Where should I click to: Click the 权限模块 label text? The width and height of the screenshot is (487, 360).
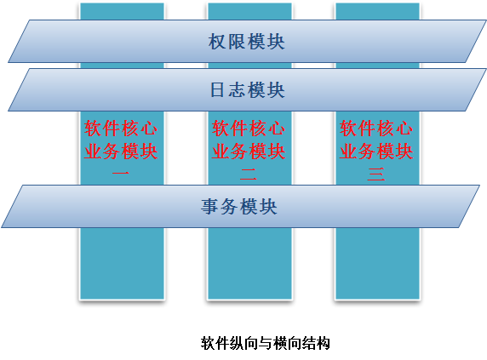pos(246,42)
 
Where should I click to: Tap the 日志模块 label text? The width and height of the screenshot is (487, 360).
pos(248,90)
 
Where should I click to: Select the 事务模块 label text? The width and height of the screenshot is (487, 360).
pos(239,207)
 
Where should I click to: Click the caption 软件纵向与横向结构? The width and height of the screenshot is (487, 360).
pos(266,343)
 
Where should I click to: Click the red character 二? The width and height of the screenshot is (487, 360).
pos(249,174)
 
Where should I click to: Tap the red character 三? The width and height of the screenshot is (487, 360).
pos(376,174)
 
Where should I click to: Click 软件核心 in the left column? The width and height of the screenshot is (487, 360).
pos(121,129)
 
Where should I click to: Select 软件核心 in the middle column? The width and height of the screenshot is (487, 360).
pos(249,129)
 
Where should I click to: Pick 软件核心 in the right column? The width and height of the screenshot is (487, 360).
pos(376,129)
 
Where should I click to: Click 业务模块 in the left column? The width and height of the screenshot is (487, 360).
pos(121,151)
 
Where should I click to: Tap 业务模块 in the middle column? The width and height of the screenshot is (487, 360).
pos(249,151)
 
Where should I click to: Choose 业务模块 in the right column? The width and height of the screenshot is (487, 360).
pos(376,151)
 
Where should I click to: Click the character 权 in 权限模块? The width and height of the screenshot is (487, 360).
pos(217,42)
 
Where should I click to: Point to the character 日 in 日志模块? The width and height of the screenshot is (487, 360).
pos(217,90)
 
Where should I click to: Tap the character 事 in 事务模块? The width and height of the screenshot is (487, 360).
pos(209,207)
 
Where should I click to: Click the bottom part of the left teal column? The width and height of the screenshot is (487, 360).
pos(122,264)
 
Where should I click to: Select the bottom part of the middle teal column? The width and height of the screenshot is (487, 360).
pos(249,264)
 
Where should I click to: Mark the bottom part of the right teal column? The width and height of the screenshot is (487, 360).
pos(377,264)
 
